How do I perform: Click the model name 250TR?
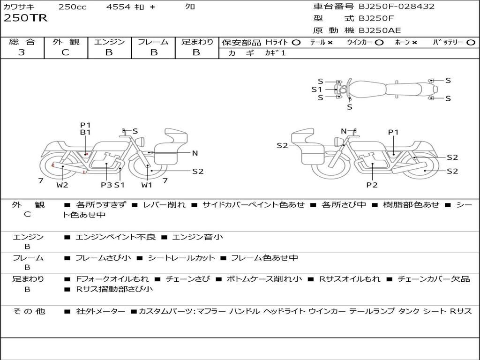(x=25, y=18)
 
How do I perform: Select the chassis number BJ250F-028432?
(x=397, y=6)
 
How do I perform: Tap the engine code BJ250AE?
(x=380, y=30)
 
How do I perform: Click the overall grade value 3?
(x=22, y=52)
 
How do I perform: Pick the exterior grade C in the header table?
(x=65, y=52)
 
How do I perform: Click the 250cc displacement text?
(x=73, y=7)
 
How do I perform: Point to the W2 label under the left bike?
(x=62, y=185)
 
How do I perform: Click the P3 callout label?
(x=106, y=185)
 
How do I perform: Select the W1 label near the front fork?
(x=147, y=185)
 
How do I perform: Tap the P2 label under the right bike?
(x=372, y=185)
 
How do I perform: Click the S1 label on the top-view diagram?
(x=317, y=90)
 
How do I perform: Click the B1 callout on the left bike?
(x=85, y=132)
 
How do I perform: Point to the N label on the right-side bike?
(x=344, y=131)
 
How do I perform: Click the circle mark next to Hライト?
(x=296, y=43)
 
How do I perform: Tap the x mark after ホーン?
(x=414, y=43)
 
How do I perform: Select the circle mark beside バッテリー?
(x=471, y=43)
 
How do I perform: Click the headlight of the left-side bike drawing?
(x=141, y=142)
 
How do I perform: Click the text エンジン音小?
(x=198, y=237)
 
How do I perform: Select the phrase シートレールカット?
(x=181, y=258)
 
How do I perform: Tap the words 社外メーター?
(x=101, y=311)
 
